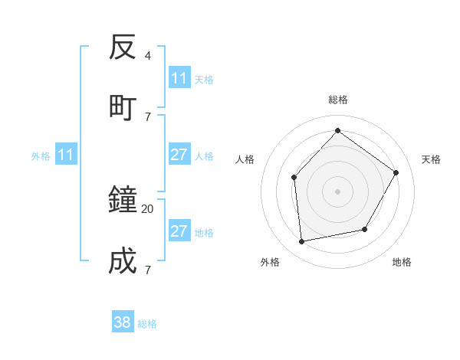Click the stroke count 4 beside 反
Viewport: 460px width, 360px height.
click(x=148, y=56)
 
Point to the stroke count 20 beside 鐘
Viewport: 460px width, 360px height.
click(x=148, y=208)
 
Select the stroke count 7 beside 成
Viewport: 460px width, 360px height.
click(x=148, y=270)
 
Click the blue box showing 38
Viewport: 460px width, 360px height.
click(x=123, y=322)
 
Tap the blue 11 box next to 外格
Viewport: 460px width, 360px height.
click(x=66, y=155)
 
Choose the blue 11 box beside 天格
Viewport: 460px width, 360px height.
click(x=179, y=78)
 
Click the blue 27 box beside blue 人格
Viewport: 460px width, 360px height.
click(x=179, y=155)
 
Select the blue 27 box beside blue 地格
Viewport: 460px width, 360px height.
click(x=179, y=231)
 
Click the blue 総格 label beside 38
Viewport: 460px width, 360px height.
click(x=147, y=324)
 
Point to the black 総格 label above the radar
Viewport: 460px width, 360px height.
click(x=337, y=100)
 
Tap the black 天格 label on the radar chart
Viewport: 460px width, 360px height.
click(x=431, y=159)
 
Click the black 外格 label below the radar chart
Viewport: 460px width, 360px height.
click(x=270, y=262)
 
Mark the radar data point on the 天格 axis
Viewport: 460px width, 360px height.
click(x=396, y=172)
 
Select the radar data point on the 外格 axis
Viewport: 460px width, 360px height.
click(x=302, y=241)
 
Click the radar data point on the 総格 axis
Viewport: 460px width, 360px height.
click(x=337, y=130)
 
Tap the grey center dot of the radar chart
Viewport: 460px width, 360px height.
click(x=337, y=191)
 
